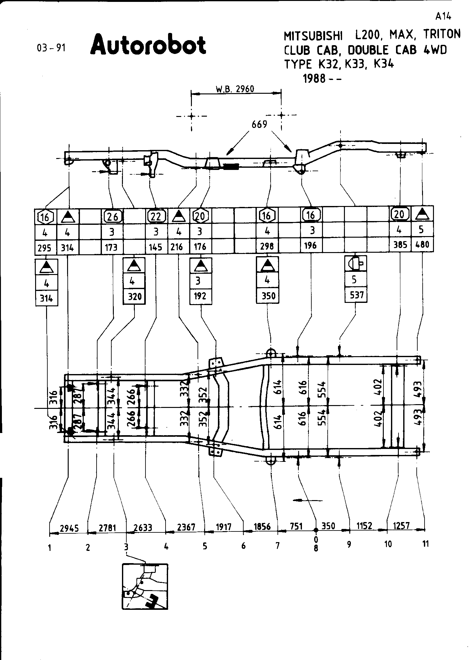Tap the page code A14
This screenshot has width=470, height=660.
443,17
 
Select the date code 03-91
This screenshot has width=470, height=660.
51,48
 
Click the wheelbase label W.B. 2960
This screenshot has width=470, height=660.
235,89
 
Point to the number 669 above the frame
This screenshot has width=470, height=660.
259,124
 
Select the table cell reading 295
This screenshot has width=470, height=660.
45,248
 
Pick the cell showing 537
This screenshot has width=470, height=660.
356,295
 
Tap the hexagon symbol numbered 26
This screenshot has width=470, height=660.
113,216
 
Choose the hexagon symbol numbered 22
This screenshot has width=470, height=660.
156,216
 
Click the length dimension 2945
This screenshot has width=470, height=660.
69,528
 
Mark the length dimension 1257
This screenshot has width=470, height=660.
401,525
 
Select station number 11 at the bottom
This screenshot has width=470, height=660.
425,544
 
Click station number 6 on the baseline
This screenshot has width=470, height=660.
243,546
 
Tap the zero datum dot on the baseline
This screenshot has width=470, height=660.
316,530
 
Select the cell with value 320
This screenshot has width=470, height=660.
135,296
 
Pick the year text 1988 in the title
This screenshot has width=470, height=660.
314,78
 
